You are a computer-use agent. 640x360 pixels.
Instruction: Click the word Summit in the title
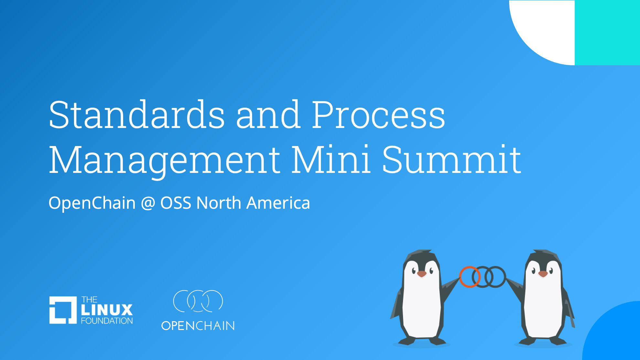[451, 160]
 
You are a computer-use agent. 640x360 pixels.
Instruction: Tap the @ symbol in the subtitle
[148, 203]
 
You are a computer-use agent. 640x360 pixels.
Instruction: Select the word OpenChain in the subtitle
[92, 203]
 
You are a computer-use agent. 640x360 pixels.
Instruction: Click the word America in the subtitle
[278, 203]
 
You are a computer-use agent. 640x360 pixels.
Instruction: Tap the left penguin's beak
[422, 274]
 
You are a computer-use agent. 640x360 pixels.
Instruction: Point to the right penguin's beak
[543, 274]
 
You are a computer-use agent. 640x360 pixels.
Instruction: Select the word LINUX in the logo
[107, 310]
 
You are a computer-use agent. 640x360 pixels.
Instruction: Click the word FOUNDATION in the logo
[107, 321]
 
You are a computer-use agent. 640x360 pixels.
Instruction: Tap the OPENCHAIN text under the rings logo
[198, 326]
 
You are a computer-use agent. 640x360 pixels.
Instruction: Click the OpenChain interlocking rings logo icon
[198, 301]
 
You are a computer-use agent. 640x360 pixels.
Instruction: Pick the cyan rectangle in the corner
[607, 32]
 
